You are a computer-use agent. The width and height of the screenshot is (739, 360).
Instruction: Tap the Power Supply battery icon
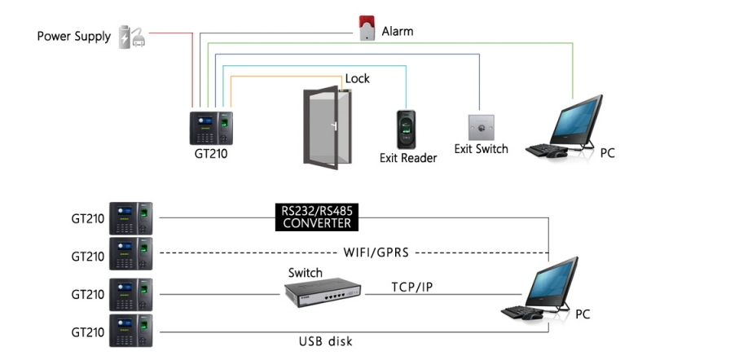(131, 37)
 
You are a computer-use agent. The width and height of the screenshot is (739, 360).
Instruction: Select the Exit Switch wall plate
(480, 127)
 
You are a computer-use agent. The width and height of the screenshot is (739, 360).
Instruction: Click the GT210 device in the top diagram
(211, 127)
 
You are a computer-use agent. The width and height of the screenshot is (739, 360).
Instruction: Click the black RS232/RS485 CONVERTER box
(316, 217)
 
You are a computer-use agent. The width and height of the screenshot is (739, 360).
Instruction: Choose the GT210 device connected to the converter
(131, 218)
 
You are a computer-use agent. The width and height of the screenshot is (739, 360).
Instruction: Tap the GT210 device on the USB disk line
(131, 331)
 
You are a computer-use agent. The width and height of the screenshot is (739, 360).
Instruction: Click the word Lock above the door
(357, 79)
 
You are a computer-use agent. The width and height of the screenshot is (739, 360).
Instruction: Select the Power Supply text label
(73, 37)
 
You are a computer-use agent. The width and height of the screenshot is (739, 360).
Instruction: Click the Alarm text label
(398, 32)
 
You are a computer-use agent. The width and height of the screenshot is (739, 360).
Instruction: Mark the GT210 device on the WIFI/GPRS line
(131, 255)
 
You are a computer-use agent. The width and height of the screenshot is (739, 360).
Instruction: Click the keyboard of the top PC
(543, 151)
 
